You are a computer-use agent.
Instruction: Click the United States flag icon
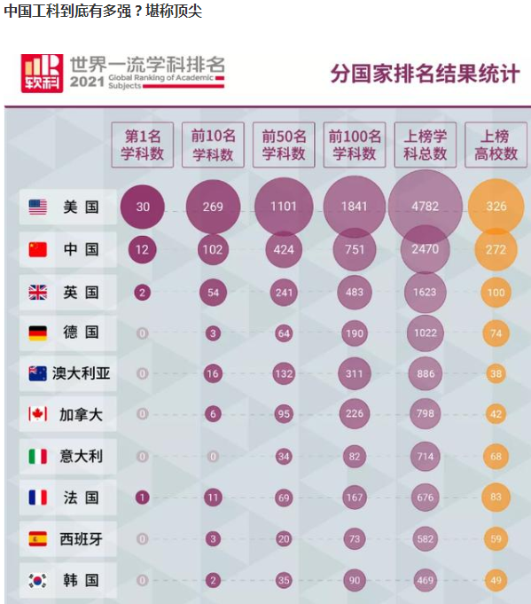pos(37,207)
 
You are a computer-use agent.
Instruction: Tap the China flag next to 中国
pos(37,250)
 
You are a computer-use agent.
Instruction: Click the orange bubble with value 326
pos(496,207)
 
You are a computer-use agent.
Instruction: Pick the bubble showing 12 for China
pos(142,250)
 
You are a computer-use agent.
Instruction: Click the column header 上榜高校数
pos(496,145)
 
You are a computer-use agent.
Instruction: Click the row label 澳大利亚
pos(81,373)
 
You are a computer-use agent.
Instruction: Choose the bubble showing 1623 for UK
pos(426,292)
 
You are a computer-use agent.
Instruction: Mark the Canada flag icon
pos(37,415)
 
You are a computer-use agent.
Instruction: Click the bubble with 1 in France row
pos(142,498)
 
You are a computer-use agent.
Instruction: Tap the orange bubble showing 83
pos(496,498)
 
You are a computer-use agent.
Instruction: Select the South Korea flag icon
pos(37,581)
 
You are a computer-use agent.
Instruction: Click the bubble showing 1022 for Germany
pos(426,333)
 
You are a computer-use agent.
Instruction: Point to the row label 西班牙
pos(81,539)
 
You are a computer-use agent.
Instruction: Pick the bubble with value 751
pos(355,250)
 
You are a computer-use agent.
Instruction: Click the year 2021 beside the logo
pos(87,82)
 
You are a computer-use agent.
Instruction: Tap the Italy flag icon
pos(37,457)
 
